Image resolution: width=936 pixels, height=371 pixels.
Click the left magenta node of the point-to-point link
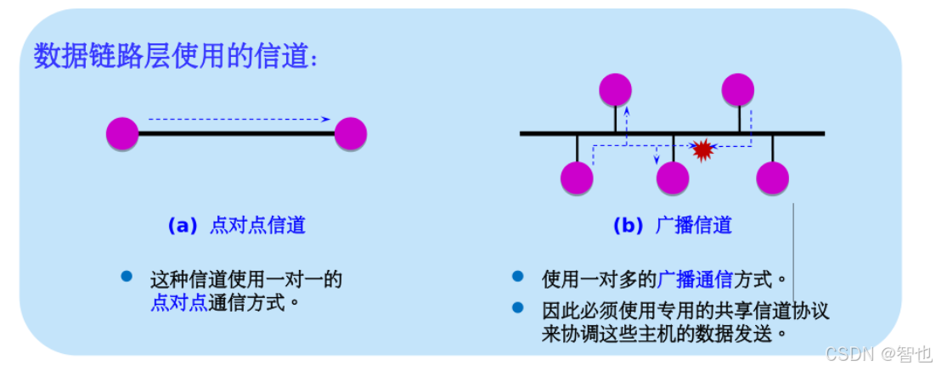(122, 133)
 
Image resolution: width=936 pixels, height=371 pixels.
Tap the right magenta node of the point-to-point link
(350, 133)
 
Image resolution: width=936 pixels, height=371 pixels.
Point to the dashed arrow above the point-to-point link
(238, 119)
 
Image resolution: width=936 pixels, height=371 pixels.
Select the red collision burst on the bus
(702, 150)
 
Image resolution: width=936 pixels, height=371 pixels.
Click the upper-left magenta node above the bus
(615, 89)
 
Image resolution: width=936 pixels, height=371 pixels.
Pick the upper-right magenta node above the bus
(738, 89)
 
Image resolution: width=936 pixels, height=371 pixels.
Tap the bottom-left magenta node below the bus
(578, 177)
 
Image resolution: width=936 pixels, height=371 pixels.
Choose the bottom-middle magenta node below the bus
(673, 177)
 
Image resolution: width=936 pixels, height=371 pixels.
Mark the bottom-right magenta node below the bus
(772, 177)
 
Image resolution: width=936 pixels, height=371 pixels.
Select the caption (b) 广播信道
(672, 226)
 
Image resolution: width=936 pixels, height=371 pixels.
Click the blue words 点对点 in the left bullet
(178, 302)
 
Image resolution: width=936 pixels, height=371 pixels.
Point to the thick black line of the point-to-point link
(236, 133)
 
